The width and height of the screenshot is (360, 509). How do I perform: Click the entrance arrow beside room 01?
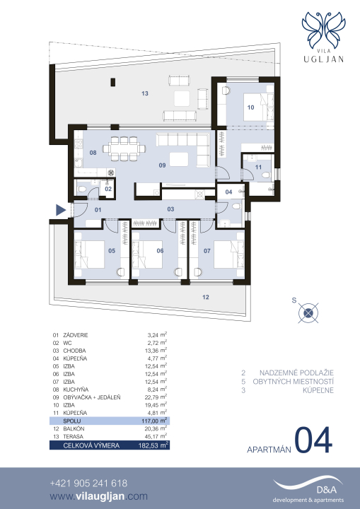click(x=60, y=210)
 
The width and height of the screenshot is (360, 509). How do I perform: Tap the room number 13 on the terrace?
click(x=145, y=93)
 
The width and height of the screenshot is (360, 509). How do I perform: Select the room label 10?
click(x=250, y=107)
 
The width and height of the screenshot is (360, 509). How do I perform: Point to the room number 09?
click(x=162, y=165)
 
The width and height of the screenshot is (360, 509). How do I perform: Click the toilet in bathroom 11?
click(x=266, y=175)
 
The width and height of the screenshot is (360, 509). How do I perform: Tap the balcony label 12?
click(x=206, y=297)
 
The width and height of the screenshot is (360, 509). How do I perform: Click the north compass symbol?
click(x=308, y=313)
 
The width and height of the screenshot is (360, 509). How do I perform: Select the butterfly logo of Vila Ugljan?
click(x=323, y=30)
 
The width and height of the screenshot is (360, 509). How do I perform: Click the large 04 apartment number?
click(x=313, y=440)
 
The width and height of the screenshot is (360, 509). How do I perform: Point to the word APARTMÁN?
click(x=269, y=450)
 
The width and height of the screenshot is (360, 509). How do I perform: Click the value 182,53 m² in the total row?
click(x=153, y=445)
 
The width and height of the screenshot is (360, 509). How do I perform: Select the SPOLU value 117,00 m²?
click(x=154, y=421)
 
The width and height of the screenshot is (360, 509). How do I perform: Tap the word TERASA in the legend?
click(x=73, y=437)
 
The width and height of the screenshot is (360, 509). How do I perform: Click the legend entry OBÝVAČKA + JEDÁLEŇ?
click(x=92, y=397)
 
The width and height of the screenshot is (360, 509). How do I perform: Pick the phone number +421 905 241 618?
click(x=88, y=484)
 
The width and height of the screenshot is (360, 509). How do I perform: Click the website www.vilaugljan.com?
click(x=98, y=497)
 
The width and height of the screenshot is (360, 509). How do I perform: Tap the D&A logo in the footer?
click(x=308, y=489)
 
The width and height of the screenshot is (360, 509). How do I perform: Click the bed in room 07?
click(x=228, y=255)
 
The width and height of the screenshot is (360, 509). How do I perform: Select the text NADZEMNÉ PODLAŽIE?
click(x=296, y=373)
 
